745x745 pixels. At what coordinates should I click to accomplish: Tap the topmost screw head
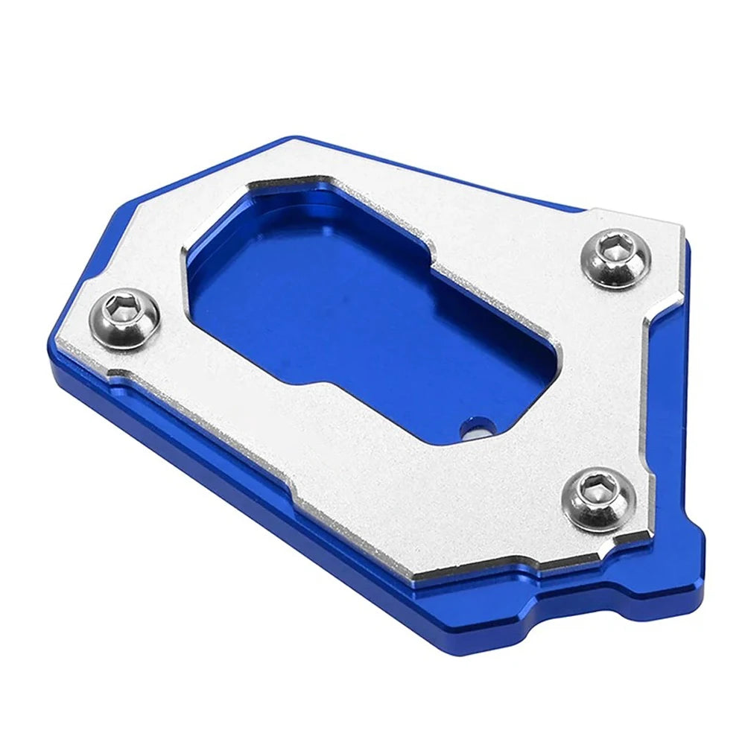coord(615,260)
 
